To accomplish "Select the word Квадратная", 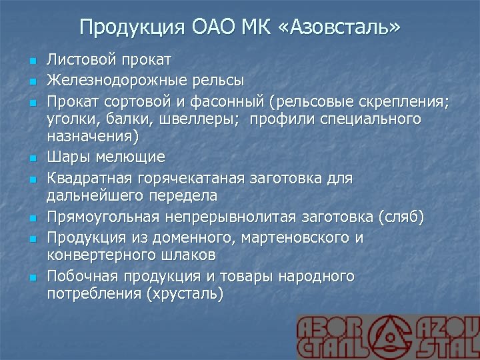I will point(89,179).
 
